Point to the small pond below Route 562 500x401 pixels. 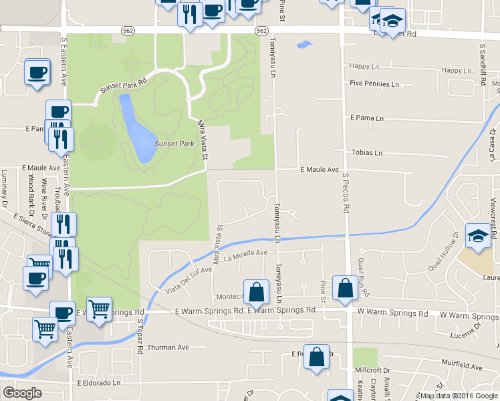point(304,46)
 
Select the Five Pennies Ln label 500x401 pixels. point(374,84)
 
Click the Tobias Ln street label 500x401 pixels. point(367,152)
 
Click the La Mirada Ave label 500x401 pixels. point(245,254)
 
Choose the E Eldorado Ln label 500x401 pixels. point(98,383)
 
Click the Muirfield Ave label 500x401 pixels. point(462,367)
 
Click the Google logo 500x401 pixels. point(22,393)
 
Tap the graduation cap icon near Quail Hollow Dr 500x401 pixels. point(479,236)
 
